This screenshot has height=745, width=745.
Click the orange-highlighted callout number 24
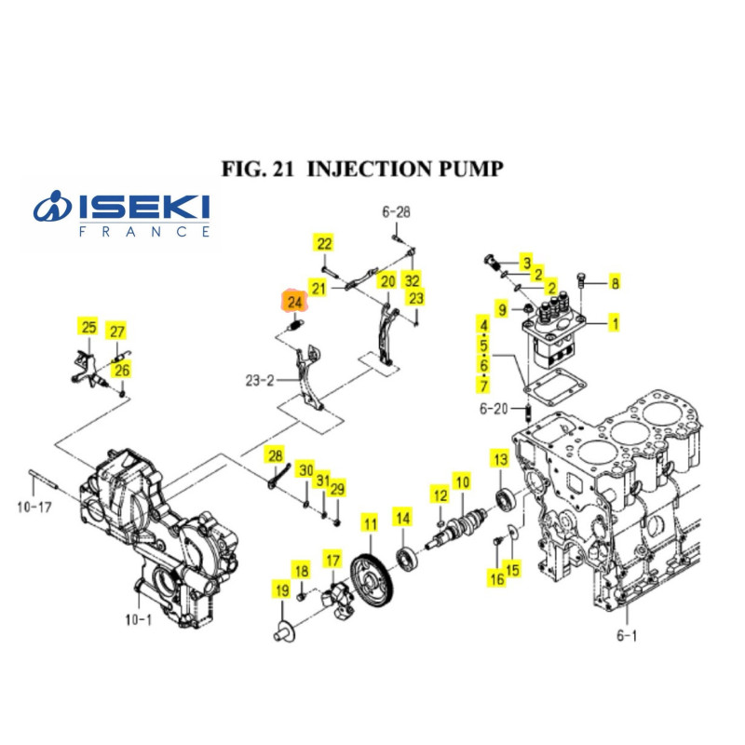[x=295, y=302]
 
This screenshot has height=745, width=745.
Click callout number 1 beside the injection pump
[x=615, y=323]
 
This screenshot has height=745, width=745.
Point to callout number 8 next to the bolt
[x=615, y=283]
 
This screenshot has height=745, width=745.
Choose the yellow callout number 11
[x=370, y=523]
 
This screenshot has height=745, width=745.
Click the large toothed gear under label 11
[x=372, y=582]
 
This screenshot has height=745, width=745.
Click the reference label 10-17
[x=34, y=507]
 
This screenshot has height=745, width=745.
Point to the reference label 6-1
[x=627, y=635]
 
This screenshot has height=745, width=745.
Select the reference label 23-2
[x=260, y=380]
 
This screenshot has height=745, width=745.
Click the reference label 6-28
[x=397, y=211]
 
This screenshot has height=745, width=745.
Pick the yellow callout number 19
[x=282, y=590]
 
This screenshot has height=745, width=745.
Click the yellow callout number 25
[x=88, y=327]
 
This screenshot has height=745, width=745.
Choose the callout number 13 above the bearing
[x=501, y=459]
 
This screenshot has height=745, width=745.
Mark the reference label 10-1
[x=138, y=619]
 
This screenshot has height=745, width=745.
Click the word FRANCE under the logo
[x=144, y=232]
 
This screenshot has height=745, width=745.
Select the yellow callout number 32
[x=412, y=280]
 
